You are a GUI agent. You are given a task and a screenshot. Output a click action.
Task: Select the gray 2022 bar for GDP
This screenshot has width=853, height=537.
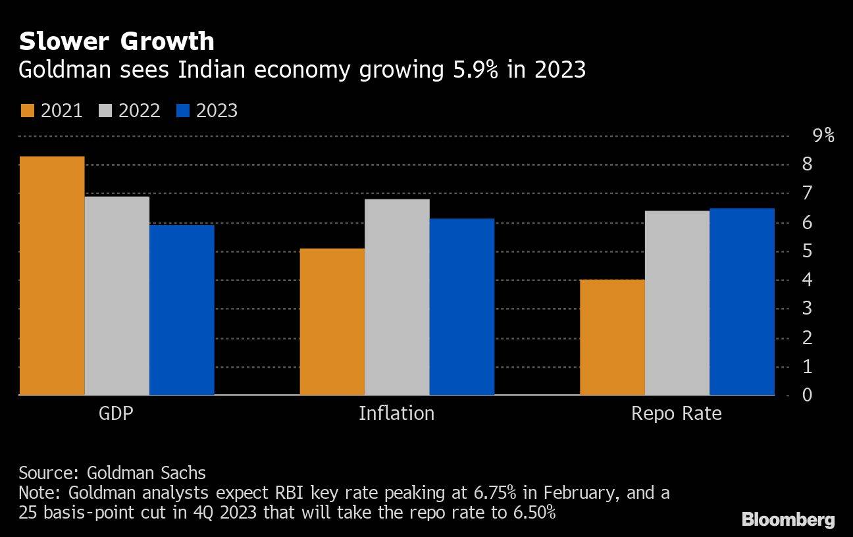click(117, 295)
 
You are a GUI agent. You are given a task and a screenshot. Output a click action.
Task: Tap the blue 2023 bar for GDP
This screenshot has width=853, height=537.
click(182, 310)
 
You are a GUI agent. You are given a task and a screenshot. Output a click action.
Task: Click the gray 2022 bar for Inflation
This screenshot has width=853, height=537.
click(397, 297)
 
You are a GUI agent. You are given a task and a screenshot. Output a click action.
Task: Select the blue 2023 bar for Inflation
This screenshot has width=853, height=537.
click(461, 307)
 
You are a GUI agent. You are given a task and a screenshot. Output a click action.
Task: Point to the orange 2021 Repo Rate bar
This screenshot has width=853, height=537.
click(612, 337)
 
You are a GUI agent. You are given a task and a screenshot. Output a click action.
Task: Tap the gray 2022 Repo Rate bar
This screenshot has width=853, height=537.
click(677, 303)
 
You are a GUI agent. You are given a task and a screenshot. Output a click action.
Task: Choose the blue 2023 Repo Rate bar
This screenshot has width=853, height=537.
click(742, 301)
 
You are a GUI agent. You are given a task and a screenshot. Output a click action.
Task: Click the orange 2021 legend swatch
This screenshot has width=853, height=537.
click(27, 111)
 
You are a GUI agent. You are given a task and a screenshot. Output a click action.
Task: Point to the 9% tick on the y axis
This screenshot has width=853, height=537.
click(823, 136)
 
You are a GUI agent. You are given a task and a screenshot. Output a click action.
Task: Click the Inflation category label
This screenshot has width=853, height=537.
click(396, 413)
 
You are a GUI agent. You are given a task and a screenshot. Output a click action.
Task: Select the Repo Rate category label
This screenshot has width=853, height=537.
click(676, 413)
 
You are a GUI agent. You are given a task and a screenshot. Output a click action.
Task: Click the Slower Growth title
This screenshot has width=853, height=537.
click(116, 41)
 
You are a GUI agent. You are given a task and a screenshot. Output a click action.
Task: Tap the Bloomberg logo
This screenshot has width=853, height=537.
click(788, 519)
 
